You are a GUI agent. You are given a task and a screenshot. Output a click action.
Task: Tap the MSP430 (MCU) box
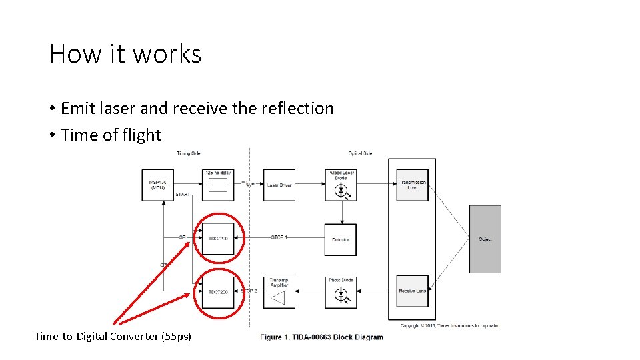pos(157,185)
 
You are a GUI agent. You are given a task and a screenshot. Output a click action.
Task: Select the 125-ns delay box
pos(218,183)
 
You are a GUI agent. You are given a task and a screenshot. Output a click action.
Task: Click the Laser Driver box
pos(279,185)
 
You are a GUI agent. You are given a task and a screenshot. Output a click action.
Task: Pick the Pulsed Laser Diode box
pos(341,185)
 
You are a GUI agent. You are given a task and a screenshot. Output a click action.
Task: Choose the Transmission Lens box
pos(412,185)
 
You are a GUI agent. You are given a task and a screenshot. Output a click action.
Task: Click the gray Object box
pos(485,239)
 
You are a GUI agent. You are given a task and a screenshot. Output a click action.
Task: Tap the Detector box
pos(340,239)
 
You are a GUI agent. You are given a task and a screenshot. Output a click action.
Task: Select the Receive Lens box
pos(412,291)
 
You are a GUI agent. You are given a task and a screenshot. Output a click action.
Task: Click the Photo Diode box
pos(341,292)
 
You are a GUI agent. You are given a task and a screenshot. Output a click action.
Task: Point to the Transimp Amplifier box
pos(279,292)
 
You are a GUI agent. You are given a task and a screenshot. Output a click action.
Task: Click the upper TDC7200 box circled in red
pos(218,239)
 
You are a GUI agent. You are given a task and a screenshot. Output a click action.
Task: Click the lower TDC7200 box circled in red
pos(218,292)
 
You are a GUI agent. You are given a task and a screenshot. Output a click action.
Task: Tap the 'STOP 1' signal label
pos(279,237)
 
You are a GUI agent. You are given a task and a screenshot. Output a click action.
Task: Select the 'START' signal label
pos(183,195)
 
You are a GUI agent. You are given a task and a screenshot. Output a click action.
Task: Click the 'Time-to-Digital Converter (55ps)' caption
pos(113,337)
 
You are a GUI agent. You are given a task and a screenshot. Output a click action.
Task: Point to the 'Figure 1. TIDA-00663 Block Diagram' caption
pos(321,337)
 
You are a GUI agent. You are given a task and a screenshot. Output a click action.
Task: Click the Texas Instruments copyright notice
pos(449,326)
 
